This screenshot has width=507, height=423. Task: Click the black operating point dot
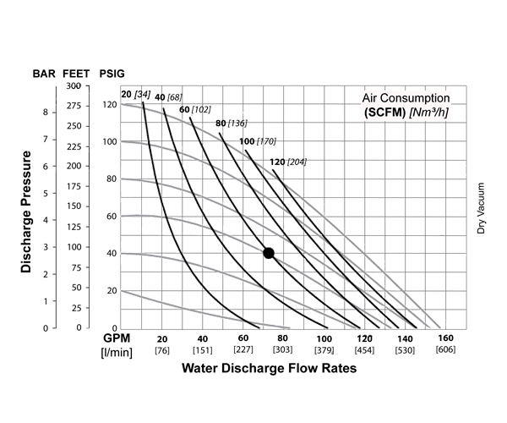269,253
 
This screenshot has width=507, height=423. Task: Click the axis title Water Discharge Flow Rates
267,369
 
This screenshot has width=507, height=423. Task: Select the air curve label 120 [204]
289,161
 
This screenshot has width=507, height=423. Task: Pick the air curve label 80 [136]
231,124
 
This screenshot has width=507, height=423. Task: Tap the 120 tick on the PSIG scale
108,104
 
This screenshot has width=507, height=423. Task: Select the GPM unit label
113,338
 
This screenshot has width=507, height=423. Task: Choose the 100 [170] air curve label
258,141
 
